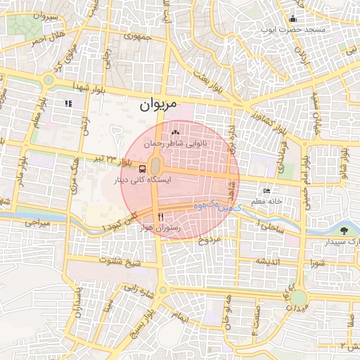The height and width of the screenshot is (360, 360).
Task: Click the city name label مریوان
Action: point(155,107)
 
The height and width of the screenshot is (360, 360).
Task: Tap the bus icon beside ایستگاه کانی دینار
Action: point(143,169)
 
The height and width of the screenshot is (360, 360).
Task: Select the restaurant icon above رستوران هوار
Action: point(162,217)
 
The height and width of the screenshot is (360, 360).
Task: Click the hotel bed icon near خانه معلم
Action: point(266,191)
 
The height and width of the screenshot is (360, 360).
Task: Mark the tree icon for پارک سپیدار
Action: point(344,230)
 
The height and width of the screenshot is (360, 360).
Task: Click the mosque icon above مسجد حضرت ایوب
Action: point(292,20)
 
